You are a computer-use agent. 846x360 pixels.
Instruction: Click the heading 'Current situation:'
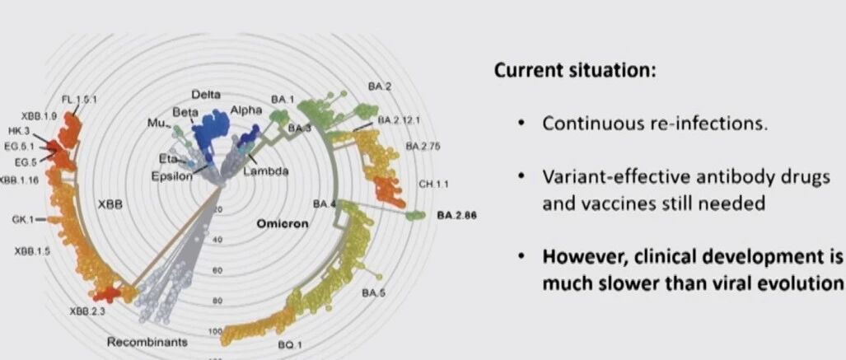[x=575, y=71]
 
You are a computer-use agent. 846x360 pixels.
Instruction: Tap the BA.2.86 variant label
[x=456, y=215]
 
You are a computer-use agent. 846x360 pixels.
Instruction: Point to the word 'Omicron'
[x=283, y=223]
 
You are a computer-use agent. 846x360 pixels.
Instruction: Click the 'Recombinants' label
[x=147, y=342]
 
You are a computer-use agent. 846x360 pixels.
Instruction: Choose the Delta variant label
[x=206, y=95]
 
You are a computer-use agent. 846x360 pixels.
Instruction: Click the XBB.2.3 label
[x=86, y=311]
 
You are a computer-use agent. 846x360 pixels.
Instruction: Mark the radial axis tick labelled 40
[x=217, y=240]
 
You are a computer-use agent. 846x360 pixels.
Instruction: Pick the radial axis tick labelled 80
[x=217, y=301]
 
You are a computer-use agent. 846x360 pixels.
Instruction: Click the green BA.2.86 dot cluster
[x=415, y=216]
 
